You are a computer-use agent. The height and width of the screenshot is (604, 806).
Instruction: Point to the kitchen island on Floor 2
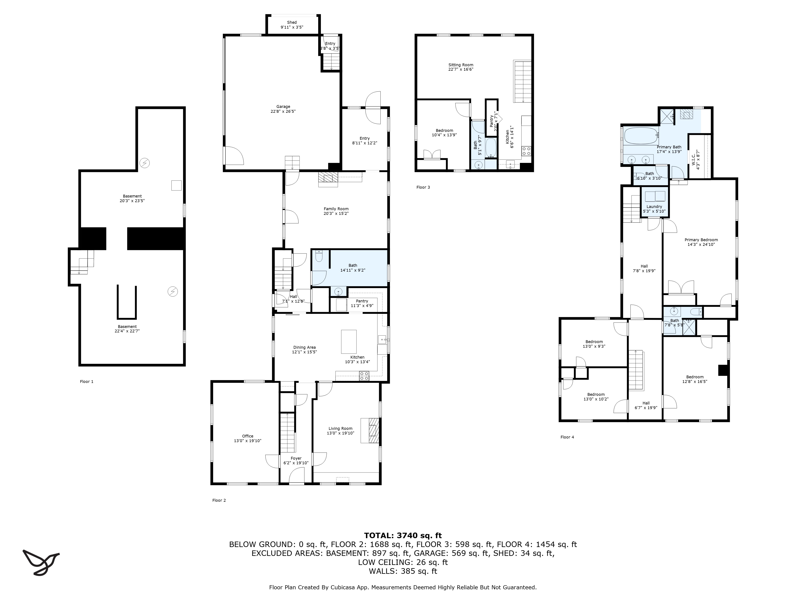click(349, 341)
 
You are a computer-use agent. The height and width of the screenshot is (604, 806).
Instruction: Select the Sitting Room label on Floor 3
click(461, 65)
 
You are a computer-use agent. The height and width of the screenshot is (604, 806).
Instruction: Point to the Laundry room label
click(654, 206)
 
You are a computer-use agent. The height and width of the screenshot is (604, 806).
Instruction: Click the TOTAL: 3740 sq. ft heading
click(403, 536)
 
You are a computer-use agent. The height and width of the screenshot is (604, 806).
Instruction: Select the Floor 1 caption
click(87, 382)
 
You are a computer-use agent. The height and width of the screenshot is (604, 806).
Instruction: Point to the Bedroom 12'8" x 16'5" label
click(695, 377)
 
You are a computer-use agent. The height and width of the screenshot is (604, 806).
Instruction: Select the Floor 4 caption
click(567, 437)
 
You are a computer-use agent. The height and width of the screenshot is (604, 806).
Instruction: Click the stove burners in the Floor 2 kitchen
click(364, 376)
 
